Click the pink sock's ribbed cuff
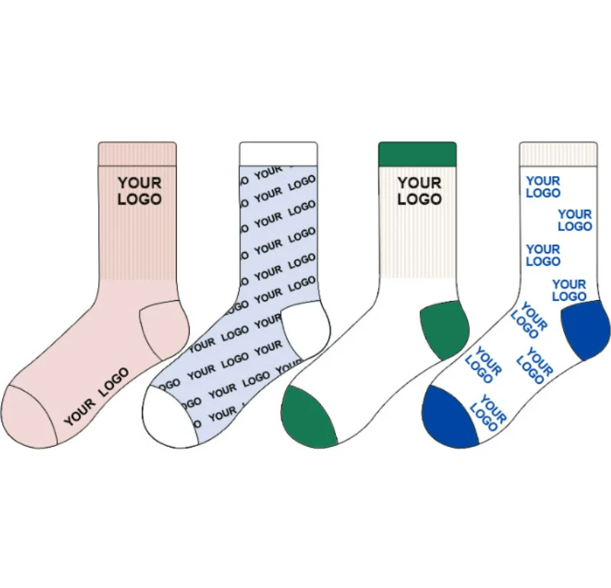137,153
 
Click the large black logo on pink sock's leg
140,191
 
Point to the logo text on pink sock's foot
97,397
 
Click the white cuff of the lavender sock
278,153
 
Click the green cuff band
417,153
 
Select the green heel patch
444,328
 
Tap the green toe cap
308,418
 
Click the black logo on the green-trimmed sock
420,191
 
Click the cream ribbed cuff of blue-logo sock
558,153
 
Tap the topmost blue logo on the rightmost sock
543,187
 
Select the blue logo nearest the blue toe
489,413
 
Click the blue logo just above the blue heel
569,290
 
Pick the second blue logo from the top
575,220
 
